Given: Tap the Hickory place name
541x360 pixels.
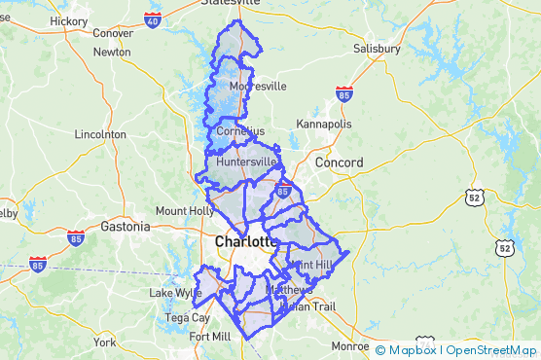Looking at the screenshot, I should pyautogui.click(x=68, y=20).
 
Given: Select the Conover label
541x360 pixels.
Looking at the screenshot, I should pyautogui.click(x=113, y=33).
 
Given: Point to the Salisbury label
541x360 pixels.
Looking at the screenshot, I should pyautogui.click(x=377, y=48).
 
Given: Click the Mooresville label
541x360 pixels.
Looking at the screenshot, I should pyautogui.click(x=258, y=86).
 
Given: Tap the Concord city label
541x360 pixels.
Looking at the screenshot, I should pyautogui.click(x=339, y=162).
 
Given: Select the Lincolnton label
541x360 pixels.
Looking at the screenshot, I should pyautogui.click(x=100, y=134).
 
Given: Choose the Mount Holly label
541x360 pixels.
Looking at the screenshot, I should pyautogui.click(x=185, y=210).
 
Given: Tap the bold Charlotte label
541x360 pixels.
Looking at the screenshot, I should pyautogui.click(x=245, y=241).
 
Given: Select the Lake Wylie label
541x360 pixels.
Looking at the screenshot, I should pyautogui.click(x=174, y=293).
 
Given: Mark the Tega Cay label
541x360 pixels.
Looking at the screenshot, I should pyautogui.click(x=188, y=317).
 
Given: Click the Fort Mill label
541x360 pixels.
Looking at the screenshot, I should pyautogui.click(x=210, y=337).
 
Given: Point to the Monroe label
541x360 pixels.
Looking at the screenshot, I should pyautogui.click(x=350, y=345).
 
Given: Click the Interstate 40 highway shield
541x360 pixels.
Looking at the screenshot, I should pyautogui.click(x=152, y=18).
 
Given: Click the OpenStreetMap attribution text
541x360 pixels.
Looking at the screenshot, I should pyautogui.click(x=491, y=349).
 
